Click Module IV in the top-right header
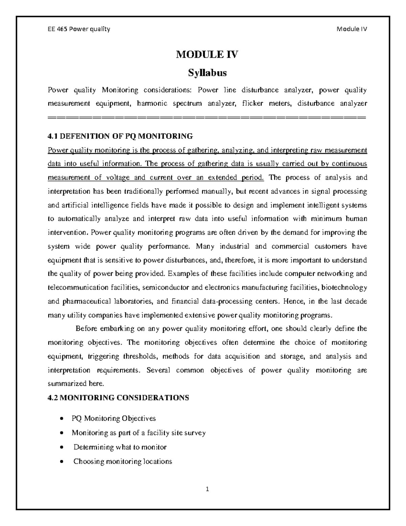coord(352,29)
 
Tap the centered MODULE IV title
coord(207,55)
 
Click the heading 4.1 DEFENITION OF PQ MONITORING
coord(120,136)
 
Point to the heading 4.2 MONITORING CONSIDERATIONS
coord(118,398)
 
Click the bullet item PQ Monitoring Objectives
coord(114,419)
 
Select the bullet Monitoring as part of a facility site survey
coord(139,433)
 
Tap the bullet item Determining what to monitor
coord(120,447)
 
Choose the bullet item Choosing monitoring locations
coord(123,461)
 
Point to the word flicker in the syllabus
coord(253,104)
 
